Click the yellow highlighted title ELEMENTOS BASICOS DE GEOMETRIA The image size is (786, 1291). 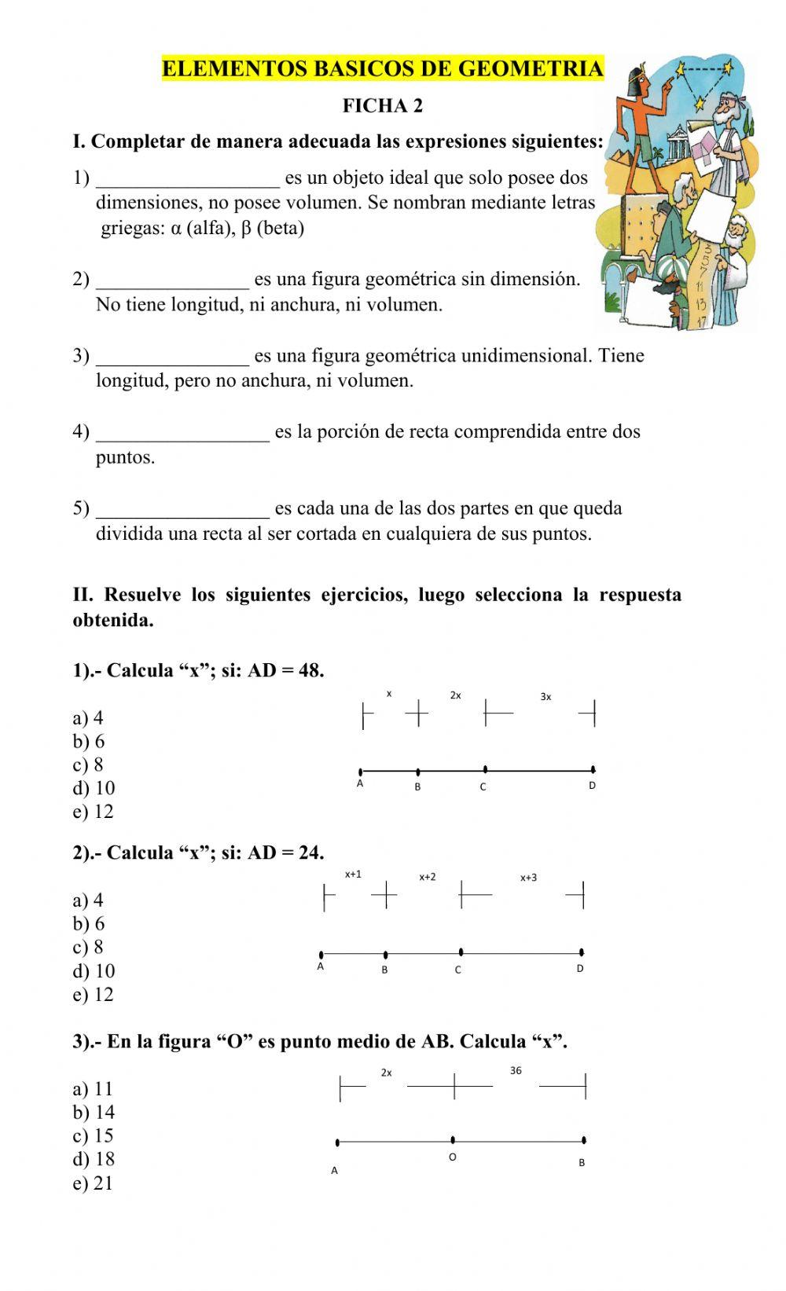[383, 69]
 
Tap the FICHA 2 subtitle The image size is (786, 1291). [383, 106]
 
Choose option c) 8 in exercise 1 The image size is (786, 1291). [88, 765]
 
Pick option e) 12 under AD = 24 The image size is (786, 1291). [93, 995]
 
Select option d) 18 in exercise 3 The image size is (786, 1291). [94, 1159]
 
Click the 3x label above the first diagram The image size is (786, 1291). [546, 697]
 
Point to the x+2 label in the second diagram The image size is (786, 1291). [428, 877]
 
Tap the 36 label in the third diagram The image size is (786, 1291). [516, 1070]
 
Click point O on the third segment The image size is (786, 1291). [453, 1139]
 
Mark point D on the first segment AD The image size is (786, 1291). [593, 770]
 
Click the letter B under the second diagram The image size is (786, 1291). [384, 970]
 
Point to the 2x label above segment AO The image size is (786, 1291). [387, 1073]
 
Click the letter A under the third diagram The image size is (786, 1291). [334, 1171]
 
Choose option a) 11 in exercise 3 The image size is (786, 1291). [93, 1089]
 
